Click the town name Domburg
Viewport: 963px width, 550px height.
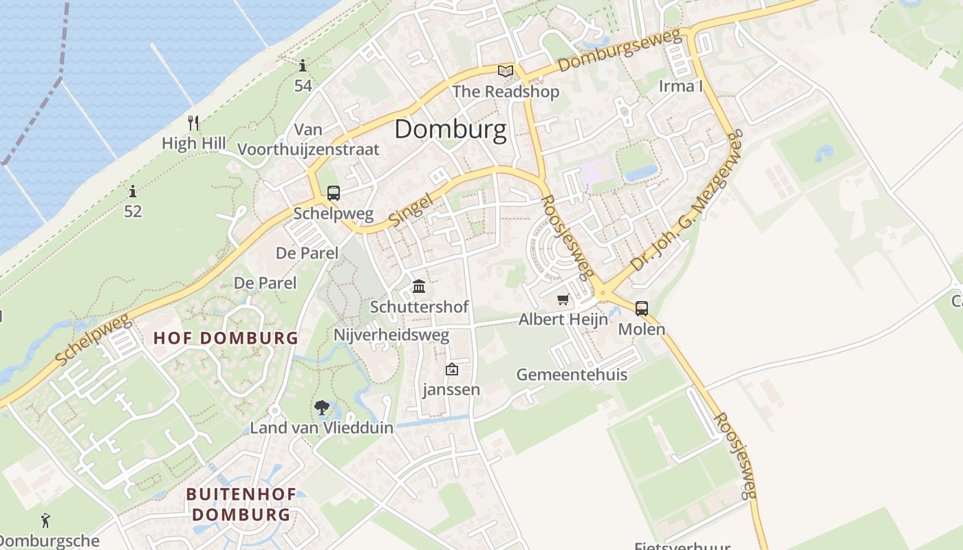point(450,129)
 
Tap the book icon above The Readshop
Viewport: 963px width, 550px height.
point(506,71)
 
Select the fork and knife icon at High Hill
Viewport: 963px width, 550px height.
point(193,123)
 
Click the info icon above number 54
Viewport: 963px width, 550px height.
point(303,65)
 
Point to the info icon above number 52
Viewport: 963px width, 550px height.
point(133,191)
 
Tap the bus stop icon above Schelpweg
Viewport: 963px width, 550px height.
point(334,193)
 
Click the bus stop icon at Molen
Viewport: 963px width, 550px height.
point(642,309)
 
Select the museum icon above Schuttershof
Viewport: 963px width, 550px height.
point(419,286)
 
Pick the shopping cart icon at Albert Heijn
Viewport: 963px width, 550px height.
point(563,299)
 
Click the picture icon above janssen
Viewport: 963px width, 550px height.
point(451,370)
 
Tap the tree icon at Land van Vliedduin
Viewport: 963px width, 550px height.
point(321,408)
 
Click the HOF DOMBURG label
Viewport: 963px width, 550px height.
point(226,338)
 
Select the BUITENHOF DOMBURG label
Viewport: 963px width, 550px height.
point(241,504)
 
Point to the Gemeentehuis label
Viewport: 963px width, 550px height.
point(572,375)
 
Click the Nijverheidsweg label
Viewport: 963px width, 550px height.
point(391,335)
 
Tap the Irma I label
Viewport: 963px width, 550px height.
point(680,86)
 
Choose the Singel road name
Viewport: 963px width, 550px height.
point(411,209)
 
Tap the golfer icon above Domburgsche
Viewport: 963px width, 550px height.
point(45,520)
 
